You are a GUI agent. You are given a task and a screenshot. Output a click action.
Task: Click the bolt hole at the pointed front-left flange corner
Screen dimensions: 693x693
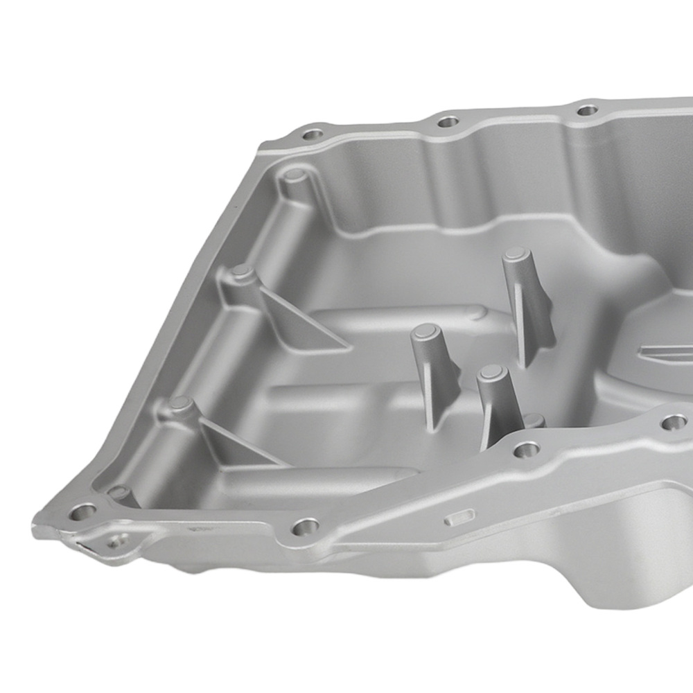click(x=82, y=512)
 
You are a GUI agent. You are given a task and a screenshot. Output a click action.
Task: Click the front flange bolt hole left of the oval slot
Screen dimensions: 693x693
click(x=305, y=528)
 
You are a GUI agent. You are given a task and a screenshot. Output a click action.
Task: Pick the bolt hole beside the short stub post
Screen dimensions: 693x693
click(x=526, y=450)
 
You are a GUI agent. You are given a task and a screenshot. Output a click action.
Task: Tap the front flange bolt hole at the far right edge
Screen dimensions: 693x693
click(x=673, y=421)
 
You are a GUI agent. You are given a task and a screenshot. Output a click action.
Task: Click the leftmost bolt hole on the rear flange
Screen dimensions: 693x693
click(x=313, y=134)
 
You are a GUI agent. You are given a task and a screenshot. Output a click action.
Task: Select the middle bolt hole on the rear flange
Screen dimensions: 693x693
click(x=448, y=121)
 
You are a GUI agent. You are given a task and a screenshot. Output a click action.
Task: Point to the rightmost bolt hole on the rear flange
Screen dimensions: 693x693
click(x=587, y=109)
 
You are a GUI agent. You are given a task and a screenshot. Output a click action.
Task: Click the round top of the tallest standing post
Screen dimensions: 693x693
click(x=516, y=254)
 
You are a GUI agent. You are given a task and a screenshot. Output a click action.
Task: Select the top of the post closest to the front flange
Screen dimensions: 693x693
click(x=491, y=372)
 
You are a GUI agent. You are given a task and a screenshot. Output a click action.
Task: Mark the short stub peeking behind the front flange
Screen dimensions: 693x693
click(x=534, y=419)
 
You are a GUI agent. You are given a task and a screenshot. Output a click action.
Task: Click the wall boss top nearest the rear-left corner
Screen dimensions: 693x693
click(x=294, y=174)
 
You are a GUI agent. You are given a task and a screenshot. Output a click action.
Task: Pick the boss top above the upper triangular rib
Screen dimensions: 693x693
click(x=242, y=272)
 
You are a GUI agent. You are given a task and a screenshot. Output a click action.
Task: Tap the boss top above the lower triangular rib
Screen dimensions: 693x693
click(x=180, y=403)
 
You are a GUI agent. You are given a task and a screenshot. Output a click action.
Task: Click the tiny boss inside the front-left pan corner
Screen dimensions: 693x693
click(x=119, y=493)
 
